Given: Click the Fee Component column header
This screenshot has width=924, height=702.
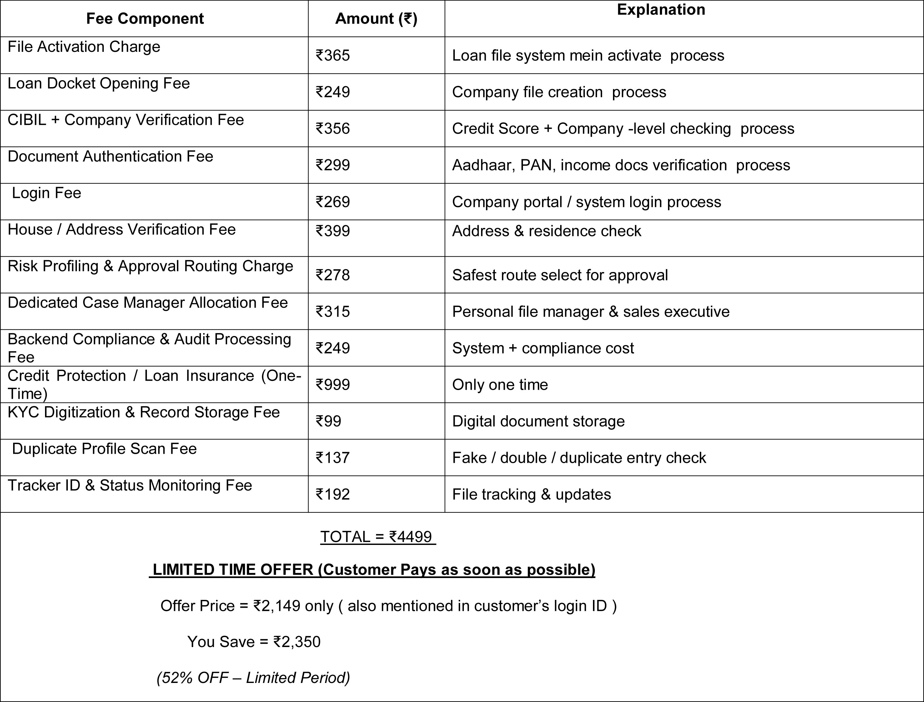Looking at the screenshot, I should tap(145, 19).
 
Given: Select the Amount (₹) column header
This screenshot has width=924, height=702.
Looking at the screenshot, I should tap(376, 19).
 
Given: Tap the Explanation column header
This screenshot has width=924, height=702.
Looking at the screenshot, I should tap(661, 10).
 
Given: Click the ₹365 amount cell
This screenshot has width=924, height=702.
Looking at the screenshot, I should tap(333, 56).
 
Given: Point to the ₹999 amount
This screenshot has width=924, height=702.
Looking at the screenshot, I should tap(333, 384).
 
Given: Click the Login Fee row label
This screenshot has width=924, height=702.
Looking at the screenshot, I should tap(47, 193).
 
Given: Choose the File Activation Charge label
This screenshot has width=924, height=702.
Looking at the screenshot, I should tap(84, 47).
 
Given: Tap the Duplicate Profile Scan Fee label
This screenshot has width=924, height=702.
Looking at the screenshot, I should tap(104, 449).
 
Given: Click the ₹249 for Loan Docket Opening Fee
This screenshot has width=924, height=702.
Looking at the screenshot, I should tap(333, 92).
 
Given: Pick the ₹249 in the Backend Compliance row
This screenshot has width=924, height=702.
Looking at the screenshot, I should tap(333, 348).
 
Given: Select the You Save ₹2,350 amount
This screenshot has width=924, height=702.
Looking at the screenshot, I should tap(297, 642).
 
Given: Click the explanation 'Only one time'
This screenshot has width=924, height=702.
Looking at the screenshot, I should tap(500, 385).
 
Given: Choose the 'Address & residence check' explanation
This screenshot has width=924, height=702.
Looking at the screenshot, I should tap(546, 231).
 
